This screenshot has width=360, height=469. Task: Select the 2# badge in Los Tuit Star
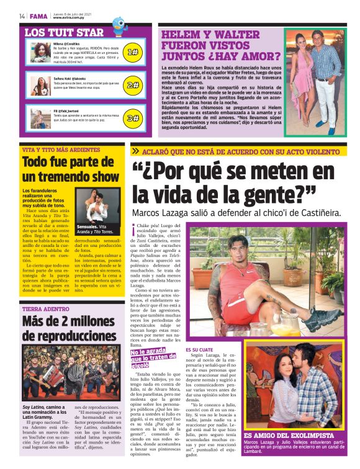(x=132, y=85)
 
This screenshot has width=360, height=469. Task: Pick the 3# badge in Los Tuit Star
(x=132, y=117)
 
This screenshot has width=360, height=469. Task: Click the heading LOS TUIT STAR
(x=65, y=32)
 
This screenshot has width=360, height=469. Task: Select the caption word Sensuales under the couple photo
(x=87, y=227)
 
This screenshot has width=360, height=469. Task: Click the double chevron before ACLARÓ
(x=135, y=151)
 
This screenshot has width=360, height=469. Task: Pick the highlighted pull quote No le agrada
(x=152, y=353)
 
